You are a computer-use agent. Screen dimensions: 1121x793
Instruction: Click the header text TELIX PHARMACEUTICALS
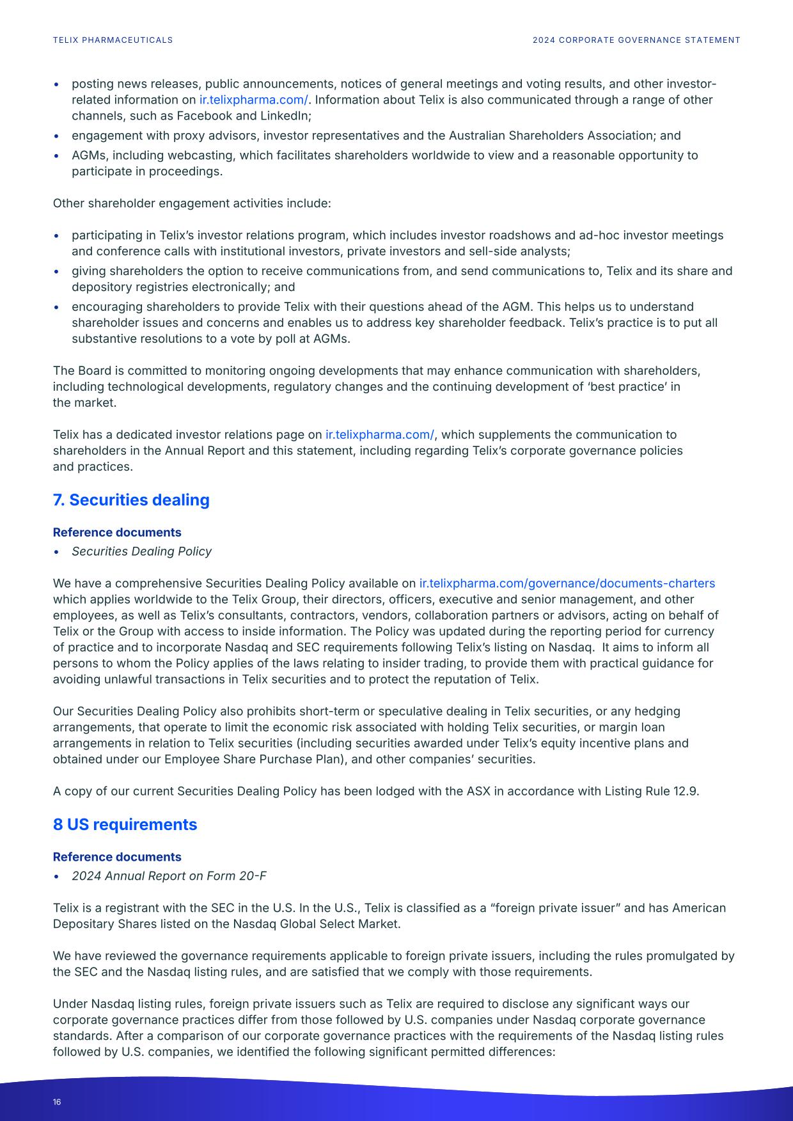(113, 40)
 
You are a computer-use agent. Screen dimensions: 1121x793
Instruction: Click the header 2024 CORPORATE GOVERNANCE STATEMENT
(636, 40)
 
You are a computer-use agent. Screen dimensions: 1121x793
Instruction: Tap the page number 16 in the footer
(57, 1102)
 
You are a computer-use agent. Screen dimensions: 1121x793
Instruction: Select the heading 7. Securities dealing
(131, 500)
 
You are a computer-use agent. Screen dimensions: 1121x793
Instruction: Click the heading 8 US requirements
(125, 824)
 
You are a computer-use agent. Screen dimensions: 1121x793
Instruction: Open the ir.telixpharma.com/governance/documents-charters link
(567, 583)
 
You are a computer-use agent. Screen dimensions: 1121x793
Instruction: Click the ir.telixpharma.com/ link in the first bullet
(253, 100)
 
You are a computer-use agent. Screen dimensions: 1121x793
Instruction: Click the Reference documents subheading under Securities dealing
(117, 532)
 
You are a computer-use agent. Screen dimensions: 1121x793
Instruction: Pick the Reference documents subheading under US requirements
(117, 856)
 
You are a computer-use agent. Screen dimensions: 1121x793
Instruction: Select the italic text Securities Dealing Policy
(141, 551)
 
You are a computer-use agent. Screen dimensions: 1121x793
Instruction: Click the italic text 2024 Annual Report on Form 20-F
(169, 875)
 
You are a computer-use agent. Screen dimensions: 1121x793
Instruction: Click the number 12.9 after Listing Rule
(685, 791)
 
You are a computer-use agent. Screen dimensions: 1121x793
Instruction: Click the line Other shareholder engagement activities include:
(192, 203)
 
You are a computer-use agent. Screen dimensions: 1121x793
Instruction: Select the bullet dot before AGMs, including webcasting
(57, 156)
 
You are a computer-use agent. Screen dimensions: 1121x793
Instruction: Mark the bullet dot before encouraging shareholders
(57, 308)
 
